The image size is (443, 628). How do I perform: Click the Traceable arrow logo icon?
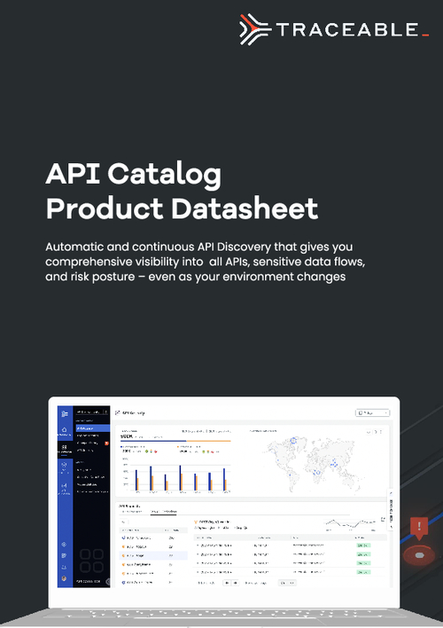click(x=255, y=28)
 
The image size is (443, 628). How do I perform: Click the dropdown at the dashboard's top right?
click(x=372, y=412)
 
